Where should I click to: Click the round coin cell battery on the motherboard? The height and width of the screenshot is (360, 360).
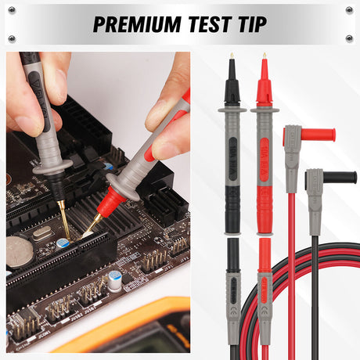[x=20, y=252]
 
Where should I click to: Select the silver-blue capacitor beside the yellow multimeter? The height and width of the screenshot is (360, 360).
[x=115, y=280]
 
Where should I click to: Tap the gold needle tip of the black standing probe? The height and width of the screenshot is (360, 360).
[x=232, y=57]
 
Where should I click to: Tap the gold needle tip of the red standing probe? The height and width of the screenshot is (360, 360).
[x=265, y=57]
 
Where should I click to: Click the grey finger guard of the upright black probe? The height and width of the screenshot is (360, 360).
[x=232, y=112]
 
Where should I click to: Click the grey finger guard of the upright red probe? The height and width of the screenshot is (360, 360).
[x=265, y=112]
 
